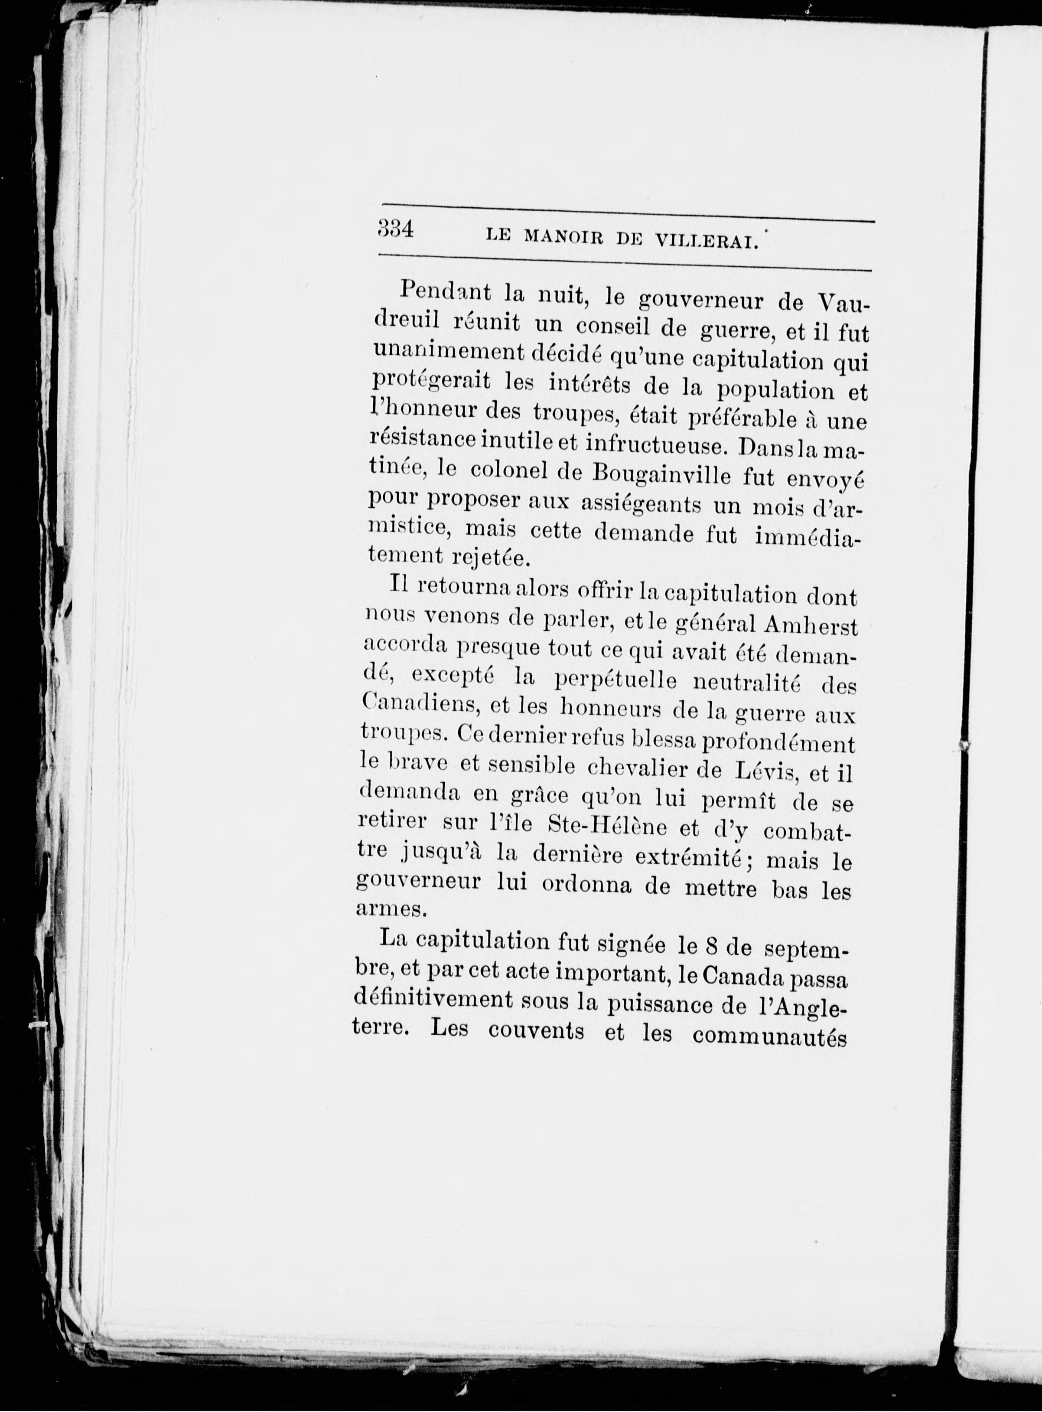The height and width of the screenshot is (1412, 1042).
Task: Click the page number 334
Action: [x=395, y=229]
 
